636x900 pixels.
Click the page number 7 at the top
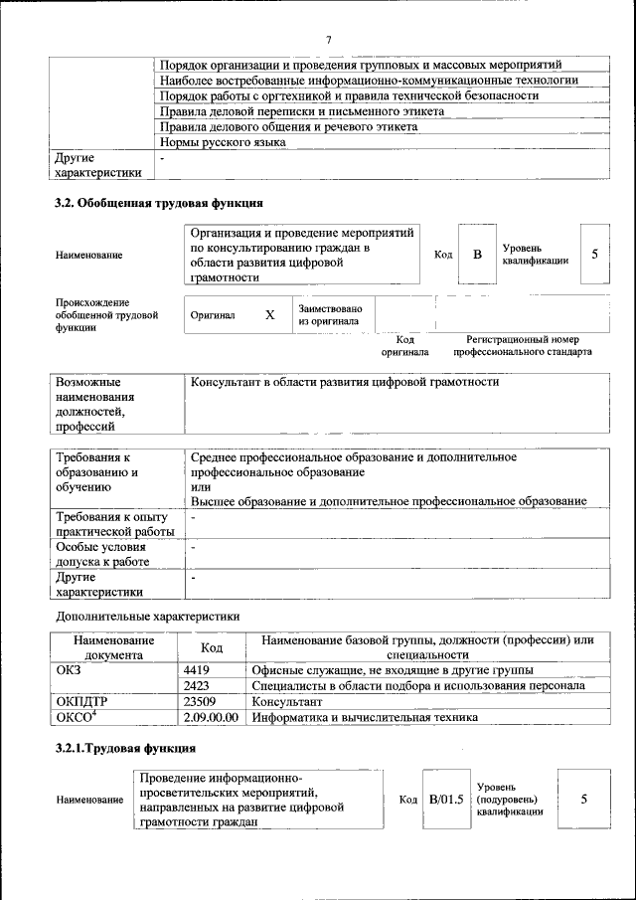328,39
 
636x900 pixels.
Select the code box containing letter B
477,255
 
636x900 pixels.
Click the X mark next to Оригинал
269,315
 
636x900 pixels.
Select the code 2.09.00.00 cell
212,717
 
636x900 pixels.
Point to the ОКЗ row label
69,670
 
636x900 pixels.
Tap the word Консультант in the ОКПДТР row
287,701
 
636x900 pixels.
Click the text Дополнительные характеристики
148,617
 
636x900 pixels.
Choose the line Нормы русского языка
223,142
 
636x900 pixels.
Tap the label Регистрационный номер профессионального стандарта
523,346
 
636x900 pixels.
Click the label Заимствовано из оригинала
330,315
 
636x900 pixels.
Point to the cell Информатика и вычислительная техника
365,717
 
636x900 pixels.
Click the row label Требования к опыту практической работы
112,524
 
